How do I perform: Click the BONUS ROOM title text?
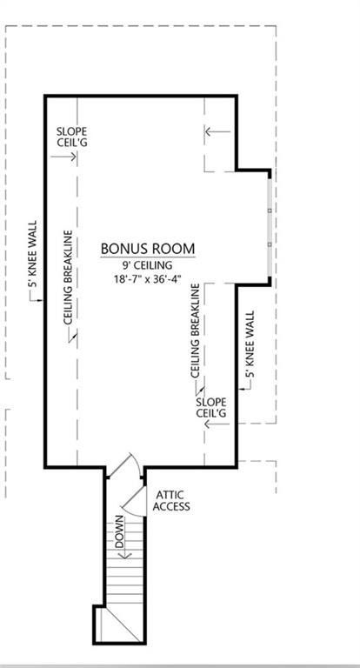click(147, 249)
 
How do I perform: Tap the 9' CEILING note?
click(147, 265)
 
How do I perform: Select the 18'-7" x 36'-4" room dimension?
click(147, 280)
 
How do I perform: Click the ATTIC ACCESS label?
click(171, 501)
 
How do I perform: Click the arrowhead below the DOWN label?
click(123, 555)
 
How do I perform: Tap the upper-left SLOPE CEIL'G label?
click(72, 137)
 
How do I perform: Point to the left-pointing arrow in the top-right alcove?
click(217, 132)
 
